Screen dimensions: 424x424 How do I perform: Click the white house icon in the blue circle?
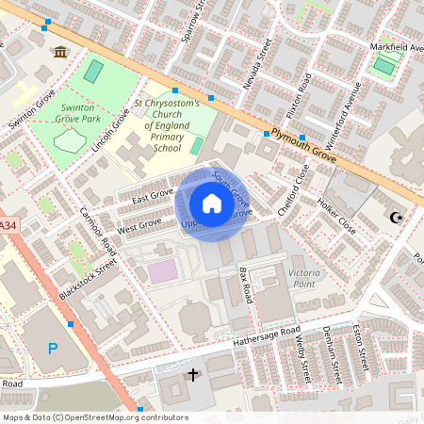click(x=212, y=204)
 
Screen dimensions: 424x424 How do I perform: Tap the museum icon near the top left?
click(x=61, y=51)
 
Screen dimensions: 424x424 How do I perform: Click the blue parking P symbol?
click(x=53, y=349)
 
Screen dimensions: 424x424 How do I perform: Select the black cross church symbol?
click(x=193, y=375)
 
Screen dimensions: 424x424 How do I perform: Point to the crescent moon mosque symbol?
click(x=396, y=218)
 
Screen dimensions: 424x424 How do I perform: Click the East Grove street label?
click(x=153, y=195)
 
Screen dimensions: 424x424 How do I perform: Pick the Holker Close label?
click(x=336, y=216)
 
